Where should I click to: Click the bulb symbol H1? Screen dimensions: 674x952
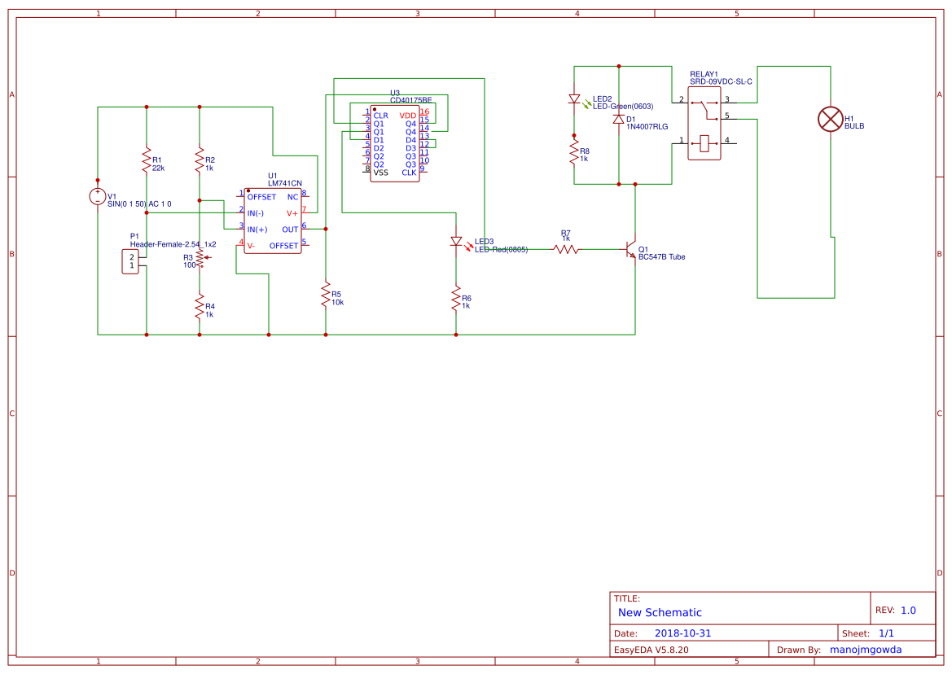[x=830, y=120]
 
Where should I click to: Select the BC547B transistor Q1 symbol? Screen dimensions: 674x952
[x=631, y=250]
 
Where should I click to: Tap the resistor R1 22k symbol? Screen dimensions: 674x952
[x=147, y=160]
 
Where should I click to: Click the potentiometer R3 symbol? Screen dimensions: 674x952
[x=200, y=259]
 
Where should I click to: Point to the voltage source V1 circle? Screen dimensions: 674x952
[x=98, y=196]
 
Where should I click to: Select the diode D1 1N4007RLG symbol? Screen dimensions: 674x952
[x=619, y=119]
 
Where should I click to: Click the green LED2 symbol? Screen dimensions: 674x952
[x=574, y=100]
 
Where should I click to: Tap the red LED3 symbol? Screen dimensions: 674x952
[x=456, y=242]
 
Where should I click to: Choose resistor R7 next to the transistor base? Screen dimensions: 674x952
[x=566, y=249]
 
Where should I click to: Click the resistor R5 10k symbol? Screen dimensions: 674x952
[x=326, y=294]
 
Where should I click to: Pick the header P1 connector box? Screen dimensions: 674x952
[x=130, y=261]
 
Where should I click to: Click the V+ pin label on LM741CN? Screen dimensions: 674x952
[x=292, y=213]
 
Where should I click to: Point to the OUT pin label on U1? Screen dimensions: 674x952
[x=290, y=230]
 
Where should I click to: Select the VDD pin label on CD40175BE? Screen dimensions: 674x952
[x=407, y=116]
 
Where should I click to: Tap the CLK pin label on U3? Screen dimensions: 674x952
[x=409, y=173]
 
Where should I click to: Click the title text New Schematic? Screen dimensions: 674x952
[x=660, y=612]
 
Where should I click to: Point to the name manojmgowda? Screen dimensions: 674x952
[x=870, y=650]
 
